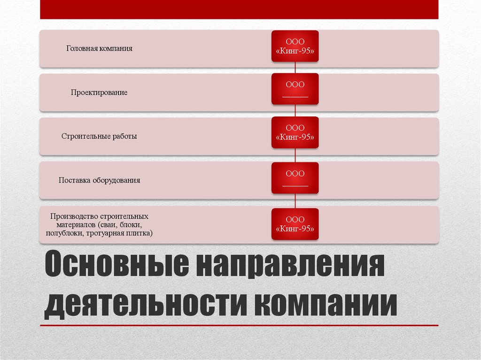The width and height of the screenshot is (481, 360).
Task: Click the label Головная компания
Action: point(99,48)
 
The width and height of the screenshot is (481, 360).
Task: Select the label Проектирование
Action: point(99,92)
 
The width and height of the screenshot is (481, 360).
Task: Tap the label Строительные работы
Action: point(99,137)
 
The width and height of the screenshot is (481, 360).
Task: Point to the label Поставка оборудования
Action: point(99,180)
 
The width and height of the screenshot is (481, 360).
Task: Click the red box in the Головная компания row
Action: point(295,46)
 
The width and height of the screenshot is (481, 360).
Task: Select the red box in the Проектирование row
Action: point(295,89)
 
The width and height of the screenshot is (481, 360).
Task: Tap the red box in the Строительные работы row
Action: point(295,132)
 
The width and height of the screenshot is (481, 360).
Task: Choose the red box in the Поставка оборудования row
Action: point(295,178)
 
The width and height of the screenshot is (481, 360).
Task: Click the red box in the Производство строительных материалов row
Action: point(295,224)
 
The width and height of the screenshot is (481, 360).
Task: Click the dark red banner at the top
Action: point(239,9)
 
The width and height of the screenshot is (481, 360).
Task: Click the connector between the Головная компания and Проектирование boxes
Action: point(295,68)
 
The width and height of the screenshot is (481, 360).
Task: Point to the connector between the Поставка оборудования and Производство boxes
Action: point(295,201)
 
